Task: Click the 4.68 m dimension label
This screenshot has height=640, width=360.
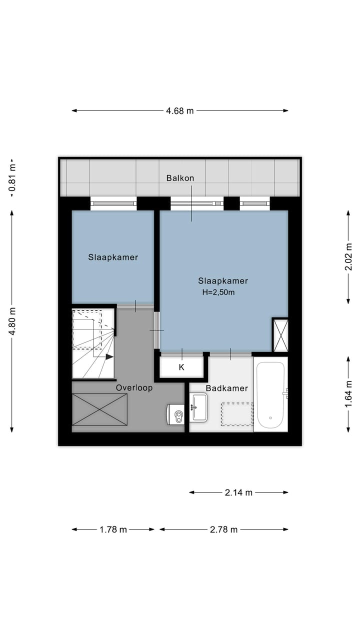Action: [180, 111]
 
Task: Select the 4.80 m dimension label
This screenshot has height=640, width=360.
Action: [12, 320]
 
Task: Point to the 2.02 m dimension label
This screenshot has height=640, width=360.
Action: [348, 257]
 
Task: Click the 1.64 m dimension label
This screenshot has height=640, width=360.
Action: [348, 394]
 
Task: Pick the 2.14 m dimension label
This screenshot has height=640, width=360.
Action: [238, 492]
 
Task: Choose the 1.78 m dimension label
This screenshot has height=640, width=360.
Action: [113, 529]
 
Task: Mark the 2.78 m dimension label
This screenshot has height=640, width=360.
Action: [223, 529]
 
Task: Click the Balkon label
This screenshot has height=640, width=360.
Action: [180, 178]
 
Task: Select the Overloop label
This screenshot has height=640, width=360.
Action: [134, 387]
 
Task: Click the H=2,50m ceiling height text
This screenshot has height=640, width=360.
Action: [218, 292]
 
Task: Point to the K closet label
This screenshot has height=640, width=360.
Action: [181, 367]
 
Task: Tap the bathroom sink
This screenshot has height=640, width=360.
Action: [199, 406]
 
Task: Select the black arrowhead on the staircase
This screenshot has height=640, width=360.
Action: [109, 357]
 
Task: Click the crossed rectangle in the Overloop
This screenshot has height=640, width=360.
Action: [99, 409]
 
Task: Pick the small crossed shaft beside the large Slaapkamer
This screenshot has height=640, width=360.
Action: [280, 335]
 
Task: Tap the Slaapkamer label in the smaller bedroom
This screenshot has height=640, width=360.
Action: [113, 257]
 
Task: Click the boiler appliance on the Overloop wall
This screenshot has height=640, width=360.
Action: [176, 414]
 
